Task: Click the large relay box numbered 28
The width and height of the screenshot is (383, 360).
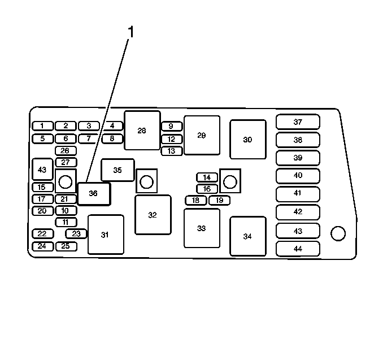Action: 142,130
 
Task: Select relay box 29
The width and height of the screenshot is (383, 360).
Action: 202,135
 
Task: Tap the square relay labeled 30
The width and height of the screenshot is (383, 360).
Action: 247,139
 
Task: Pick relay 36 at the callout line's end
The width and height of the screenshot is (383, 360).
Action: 94,194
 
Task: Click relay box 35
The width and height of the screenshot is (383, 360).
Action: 117,170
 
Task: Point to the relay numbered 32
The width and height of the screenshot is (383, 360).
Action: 153,215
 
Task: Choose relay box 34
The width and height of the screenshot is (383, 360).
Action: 247,236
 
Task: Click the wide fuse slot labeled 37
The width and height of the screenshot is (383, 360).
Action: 298,122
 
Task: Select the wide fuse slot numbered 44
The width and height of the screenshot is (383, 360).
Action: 298,249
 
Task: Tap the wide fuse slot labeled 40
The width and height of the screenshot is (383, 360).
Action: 298,175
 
